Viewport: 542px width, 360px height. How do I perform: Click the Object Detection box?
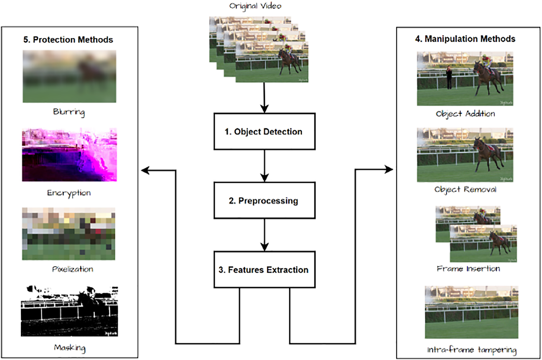point(264,132)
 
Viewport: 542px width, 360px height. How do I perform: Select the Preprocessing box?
point(264,200)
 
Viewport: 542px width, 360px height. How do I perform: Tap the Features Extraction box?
point(264,270)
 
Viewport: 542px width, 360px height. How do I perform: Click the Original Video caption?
point(255,6)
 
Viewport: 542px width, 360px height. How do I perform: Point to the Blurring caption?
point(69,112)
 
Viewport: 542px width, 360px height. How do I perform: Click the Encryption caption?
point(69,193)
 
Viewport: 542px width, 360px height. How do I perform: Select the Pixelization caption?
point(73,269)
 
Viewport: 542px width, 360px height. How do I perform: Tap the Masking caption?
point(69,348)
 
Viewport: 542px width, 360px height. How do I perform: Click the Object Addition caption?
point(465,114)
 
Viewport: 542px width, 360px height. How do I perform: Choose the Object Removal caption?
point(465,190)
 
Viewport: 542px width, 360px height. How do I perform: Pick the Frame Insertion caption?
point(468,269)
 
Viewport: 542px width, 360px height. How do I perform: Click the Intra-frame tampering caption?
point(472,350)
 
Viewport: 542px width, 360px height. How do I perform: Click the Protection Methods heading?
point(68,40)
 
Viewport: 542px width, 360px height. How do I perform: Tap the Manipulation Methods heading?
point(465,39)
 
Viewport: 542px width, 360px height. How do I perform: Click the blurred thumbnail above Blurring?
point(69,76)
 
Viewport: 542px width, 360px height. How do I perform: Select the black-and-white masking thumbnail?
point(69,311)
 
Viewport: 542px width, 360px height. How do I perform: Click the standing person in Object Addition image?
point(449,77)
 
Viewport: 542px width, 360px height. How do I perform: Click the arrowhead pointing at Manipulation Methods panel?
point(389,169)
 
